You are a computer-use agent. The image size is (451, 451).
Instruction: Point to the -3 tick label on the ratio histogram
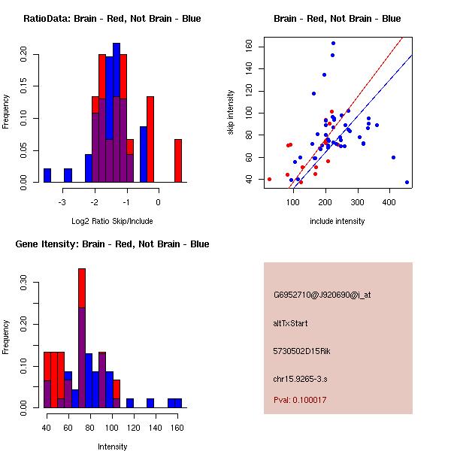pyautogui.click(x=62, y=202)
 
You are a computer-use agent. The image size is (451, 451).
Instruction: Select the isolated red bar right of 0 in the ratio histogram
pyautogui.click(x=178, y=160)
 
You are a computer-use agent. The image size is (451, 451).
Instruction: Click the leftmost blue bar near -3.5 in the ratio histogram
pyautogui.click(x=47, y=175)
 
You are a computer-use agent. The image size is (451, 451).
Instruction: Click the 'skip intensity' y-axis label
pyautogui.click(x=231, y=113)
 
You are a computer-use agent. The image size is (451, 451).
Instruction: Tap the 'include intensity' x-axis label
pyautogui.click(x=337, y=221)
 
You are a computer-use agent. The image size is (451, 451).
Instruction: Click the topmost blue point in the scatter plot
pyautogui.click(x=333, y=43)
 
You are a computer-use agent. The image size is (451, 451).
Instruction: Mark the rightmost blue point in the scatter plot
pyautogui.click(x=407, y=183)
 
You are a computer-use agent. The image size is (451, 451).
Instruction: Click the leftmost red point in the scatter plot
pyautogui.click(x=269, y=179)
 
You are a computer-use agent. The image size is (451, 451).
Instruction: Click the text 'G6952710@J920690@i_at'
pyautogui.click(x=322, y=295)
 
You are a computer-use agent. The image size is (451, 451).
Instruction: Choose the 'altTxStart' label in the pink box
pyautogui.click(x=291, y=323)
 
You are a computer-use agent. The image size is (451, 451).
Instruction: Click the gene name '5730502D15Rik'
pyautogui.click(x=301, y=351)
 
